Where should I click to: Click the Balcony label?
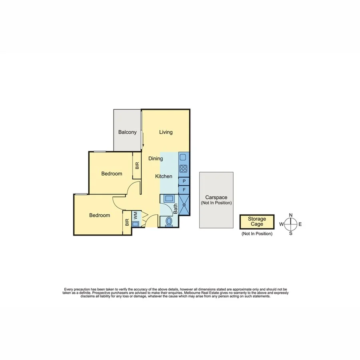(128, 132)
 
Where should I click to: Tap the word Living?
(166, 132)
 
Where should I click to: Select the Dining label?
(156, 158)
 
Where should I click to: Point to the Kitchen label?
(164, 176)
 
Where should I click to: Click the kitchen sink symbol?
(183, 158)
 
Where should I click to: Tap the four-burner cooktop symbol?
(183, 168)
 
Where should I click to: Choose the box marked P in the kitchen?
(184, 181)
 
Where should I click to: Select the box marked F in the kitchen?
(184, 190)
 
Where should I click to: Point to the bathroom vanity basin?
(168, 198)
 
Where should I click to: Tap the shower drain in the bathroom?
(184, 205)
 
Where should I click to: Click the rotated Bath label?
(176, 208)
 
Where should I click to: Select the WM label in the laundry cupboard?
(136, 215)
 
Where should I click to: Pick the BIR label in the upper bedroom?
(137, 165)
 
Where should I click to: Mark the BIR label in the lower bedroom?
(127, 222)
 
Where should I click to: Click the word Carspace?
(216, 198)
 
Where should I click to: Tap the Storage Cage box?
(257, 222)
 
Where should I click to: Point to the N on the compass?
(291, 215)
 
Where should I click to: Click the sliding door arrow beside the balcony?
(143, 136)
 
